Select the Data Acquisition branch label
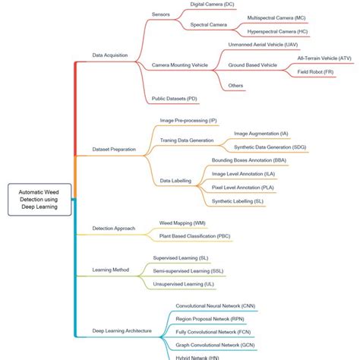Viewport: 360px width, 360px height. [109, 55]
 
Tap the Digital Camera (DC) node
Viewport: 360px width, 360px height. [212, 4]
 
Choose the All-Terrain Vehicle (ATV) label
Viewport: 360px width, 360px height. [324, 57]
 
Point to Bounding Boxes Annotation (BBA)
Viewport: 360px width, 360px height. [248, 161]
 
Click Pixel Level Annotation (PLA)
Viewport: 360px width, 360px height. [242, 188]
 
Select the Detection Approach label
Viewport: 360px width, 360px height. [114, 228]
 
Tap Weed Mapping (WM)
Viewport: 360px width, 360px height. [182, 223]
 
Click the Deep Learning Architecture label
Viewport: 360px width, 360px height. [122, 331]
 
